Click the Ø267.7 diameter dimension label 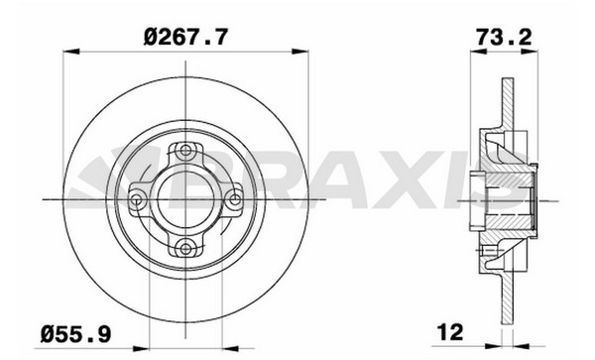click(x=186, y=37)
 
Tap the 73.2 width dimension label click(x=505, y=37)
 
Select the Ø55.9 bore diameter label click(x=76, y=334)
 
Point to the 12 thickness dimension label click(x=451, y=332)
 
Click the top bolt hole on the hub click(x=185, y=150)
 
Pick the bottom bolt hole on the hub click(x=185, y=249)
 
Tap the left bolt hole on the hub click(x=136, y=199)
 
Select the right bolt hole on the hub click(x=235, y=199)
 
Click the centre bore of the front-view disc click(x=185, y=199)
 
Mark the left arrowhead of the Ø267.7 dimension click(x=71, y=52)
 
